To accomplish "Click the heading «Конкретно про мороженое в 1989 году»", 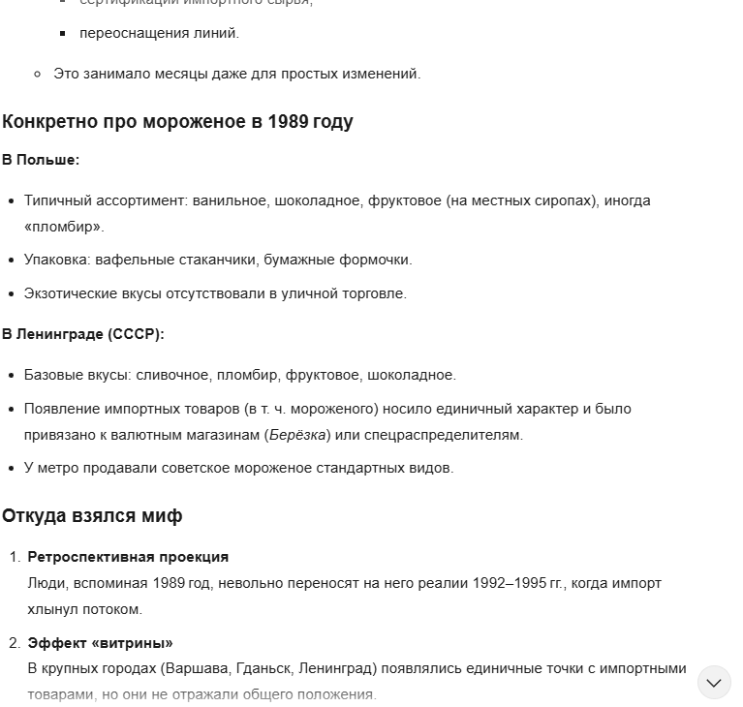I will tap(177, 122).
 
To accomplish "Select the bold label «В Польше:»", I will tap(41, 160).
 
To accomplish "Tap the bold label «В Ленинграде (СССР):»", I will tap(83, 334).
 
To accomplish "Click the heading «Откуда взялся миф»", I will tap(92, 516).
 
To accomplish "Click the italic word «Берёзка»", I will tap(297, 435).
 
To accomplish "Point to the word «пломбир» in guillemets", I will tap(63, 227).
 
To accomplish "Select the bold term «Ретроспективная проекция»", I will tap(128, 557).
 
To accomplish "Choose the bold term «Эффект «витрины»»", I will tap(100, 643).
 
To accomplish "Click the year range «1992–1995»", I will tap(507, 584).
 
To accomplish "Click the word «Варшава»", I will tap(196, 668).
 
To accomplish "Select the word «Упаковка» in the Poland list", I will tap(56, 260).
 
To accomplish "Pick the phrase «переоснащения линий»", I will tap(159, 33).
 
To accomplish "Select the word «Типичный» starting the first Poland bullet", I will tap(57, 200).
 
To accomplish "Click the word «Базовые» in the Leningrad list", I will tap(54, 375).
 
